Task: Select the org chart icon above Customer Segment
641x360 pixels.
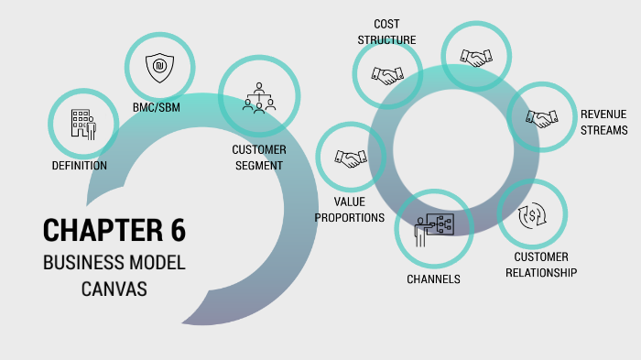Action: (259, 97)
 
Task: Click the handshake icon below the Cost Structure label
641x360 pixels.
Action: (386, 74)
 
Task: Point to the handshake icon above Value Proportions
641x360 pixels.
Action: (350, 158)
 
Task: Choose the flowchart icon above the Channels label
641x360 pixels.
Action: (433, 225)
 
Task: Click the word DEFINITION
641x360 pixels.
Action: (80, 166)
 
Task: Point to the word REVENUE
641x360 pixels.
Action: (603, 114)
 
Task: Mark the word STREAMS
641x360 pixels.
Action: (603, 130)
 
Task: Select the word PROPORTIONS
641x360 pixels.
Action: (350, 218)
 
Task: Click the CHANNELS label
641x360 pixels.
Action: (433, 278)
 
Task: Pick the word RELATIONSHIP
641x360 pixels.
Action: (540, 272)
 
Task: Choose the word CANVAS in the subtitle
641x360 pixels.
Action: (114, 289)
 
